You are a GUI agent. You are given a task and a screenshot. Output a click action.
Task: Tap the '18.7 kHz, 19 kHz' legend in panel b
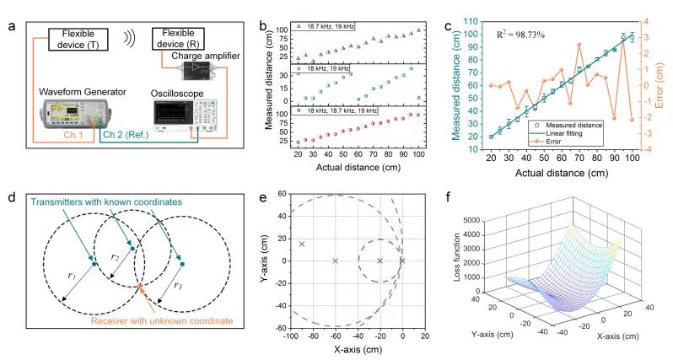[326, 28]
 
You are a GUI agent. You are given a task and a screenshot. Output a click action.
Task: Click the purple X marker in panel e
[302, 244]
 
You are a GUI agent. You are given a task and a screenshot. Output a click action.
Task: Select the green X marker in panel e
[336, 261]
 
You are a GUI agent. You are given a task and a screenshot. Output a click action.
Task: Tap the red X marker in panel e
[402, 261]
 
